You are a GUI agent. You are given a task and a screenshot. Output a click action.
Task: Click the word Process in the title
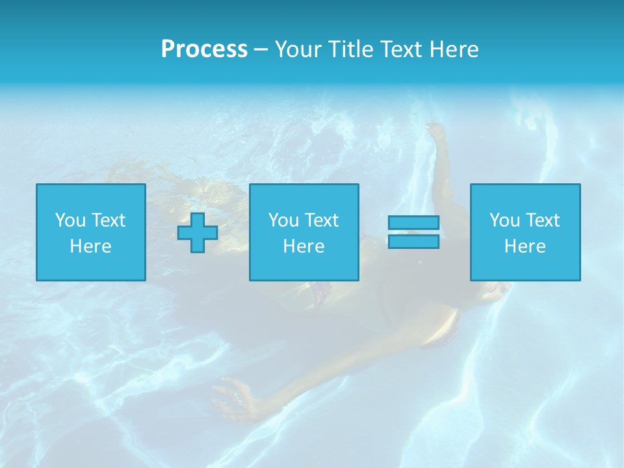coord(204,49)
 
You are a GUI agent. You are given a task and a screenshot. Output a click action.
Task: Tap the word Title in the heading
coord(351,49)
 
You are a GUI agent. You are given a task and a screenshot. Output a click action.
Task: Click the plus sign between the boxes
coord(198,232)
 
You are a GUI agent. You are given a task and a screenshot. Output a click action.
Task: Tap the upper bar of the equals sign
coord(413,222)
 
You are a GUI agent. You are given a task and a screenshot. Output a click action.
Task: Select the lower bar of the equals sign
coord(413,242)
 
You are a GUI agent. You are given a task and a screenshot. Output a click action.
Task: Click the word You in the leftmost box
coord(70,220)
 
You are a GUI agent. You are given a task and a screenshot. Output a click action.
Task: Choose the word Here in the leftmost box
coord(90,246)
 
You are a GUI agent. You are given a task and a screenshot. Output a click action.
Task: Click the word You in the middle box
coord(283,220)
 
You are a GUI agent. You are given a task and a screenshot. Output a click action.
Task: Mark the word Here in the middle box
coord(304,246)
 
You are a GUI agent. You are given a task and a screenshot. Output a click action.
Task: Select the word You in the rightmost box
coord(504,220)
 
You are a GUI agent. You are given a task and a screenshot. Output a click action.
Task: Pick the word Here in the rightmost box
coord(525,246)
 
